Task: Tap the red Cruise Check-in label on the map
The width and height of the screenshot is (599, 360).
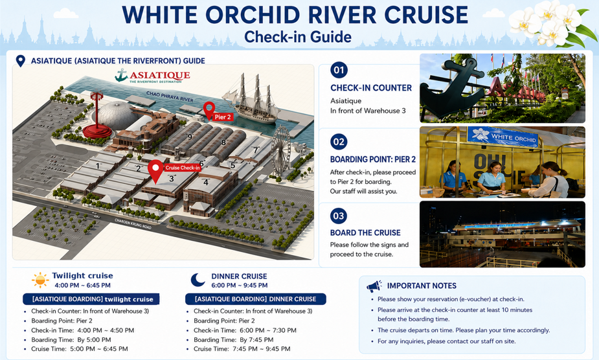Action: (x=183, y=168)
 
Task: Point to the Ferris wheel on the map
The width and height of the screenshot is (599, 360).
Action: (x=281, y=151)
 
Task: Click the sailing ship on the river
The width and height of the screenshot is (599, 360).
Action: (x=252, y=99)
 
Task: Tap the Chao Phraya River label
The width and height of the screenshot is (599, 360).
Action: (x=170, y=96)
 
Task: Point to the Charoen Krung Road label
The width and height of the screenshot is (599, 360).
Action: (x=133, y=223)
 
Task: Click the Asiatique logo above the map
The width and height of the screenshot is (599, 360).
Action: (x=153, y=75)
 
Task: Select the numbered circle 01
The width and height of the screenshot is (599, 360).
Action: (x=339, y=70)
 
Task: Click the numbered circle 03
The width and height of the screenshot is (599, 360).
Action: (x=339, y=216)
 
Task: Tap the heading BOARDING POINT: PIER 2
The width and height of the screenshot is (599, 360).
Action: (x=373, y=159)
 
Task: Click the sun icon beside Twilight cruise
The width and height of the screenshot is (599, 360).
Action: (x=40, y=280)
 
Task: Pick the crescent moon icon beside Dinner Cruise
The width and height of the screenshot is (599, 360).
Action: (x=198, y=280)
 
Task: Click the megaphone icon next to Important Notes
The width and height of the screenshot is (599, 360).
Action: (x=374, y=286)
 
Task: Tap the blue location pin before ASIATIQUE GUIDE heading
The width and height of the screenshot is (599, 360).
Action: (x=21, y=61)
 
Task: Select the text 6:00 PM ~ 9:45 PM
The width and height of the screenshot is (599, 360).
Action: (x=240, y=286)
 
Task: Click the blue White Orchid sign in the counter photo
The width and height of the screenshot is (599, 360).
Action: (x=503, y=137)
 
